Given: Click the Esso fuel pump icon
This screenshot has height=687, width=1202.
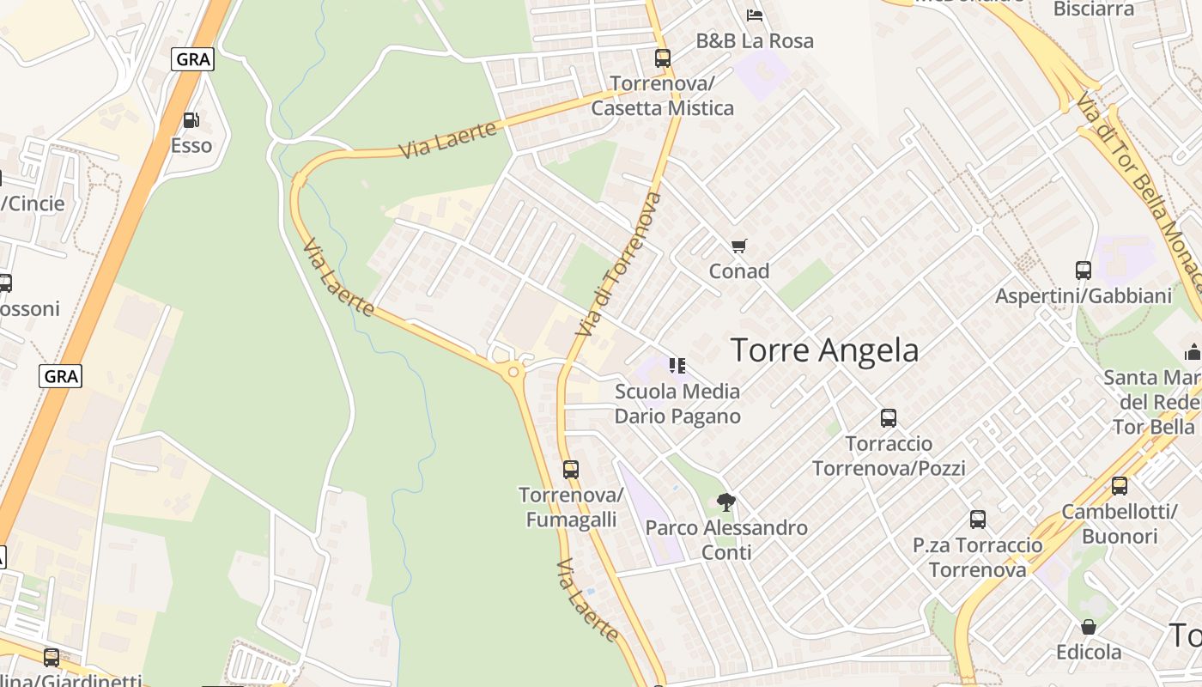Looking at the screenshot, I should pos(191,120).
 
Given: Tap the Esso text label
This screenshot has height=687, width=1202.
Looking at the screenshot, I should pos(191,145).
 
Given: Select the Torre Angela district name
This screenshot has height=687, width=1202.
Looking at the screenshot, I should pos(824,350).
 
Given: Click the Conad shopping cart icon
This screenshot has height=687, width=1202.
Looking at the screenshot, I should pos(738,246).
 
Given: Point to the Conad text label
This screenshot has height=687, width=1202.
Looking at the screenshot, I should pos(738,271).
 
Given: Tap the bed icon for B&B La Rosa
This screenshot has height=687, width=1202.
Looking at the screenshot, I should pos(755,15).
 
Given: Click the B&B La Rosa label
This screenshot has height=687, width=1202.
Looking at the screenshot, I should pos(755,40).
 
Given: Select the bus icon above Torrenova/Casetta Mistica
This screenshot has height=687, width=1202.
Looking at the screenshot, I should pos(662,58).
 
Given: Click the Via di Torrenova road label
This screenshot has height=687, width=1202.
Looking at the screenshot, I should pos(619,264).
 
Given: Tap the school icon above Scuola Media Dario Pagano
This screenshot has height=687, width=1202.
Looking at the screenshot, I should pos(677,366).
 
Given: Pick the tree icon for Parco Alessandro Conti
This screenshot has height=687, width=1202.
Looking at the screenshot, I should pos(725,502).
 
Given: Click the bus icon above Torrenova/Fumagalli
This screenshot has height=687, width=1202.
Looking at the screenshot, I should pos(570,470).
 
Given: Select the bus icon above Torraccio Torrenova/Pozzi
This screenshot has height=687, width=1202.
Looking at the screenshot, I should pos(889,418).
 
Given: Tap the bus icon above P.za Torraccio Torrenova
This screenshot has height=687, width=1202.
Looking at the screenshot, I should pos(977,520).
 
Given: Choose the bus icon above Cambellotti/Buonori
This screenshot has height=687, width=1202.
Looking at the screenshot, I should pos(1119,486).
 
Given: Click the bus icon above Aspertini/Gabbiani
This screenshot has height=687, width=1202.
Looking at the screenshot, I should pos(1083,271).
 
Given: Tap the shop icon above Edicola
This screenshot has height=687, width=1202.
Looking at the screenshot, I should pos(1088,627).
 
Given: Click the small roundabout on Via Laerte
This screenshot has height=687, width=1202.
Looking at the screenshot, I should pos(513,371).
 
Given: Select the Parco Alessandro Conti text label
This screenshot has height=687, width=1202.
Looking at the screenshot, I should pos(726,539).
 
